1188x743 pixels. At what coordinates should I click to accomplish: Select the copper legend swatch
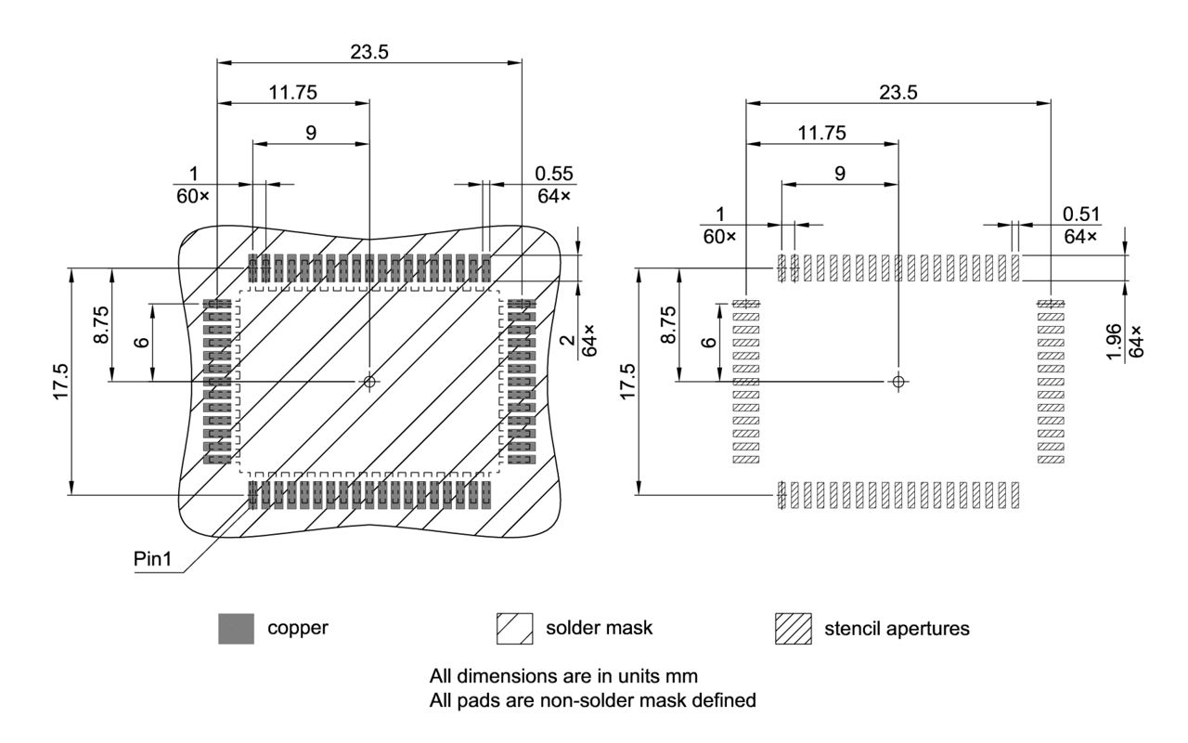pos(236,629)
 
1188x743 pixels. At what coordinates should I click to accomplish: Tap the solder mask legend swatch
pos(515,629)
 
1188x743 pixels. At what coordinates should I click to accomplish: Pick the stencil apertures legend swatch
pos(793,629)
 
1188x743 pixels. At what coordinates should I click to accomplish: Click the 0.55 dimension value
pos(554,173)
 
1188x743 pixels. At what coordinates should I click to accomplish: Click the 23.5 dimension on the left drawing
pos(369,52)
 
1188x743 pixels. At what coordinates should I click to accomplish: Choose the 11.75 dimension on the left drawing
pos(293,92)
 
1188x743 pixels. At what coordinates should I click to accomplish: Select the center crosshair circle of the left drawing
pos(369,382)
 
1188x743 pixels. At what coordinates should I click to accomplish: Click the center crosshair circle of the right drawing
pos(898,382)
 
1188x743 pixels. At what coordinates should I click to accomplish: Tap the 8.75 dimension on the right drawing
pos(666,325)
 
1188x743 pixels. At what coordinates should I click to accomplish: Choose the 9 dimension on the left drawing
pos(311,133)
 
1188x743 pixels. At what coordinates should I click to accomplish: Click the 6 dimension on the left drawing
pos(140,342)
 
